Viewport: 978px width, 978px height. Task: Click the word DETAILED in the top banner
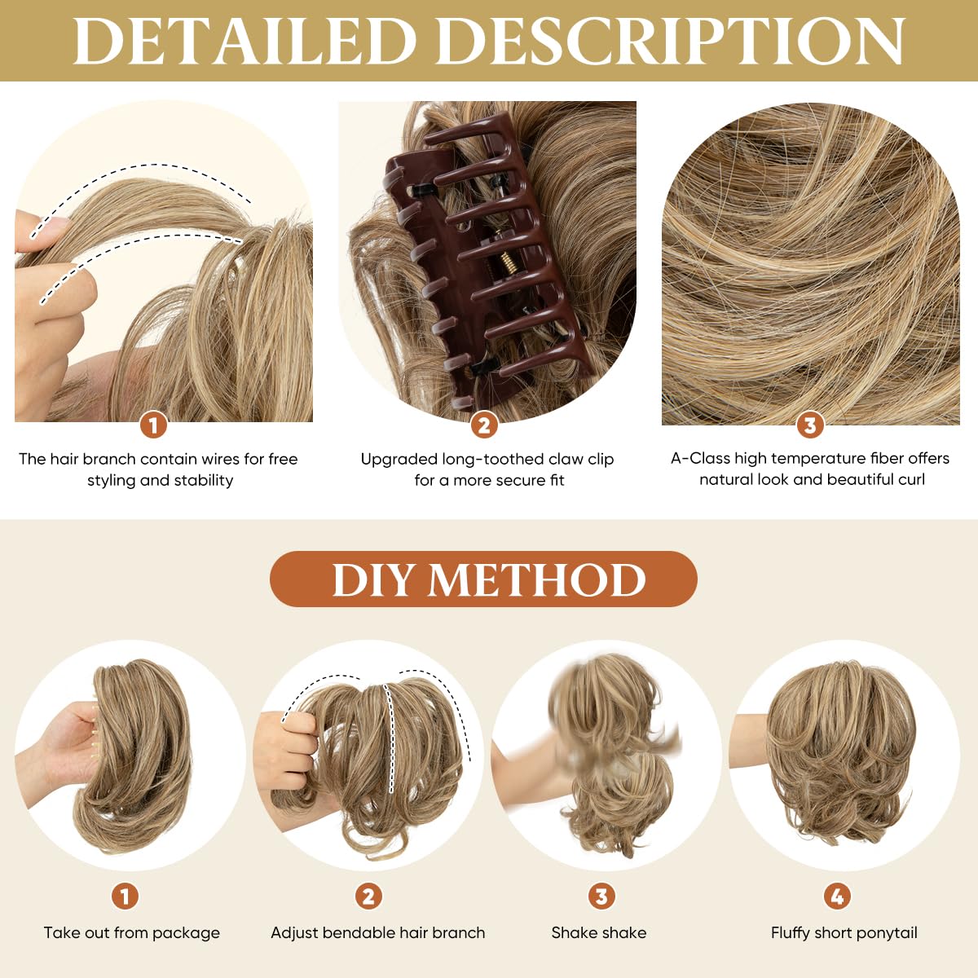244,41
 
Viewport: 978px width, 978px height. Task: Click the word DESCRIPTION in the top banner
676,41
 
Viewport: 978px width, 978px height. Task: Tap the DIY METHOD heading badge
483,579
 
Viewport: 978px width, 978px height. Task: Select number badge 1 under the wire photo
153,425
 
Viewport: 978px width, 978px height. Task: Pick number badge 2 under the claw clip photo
484,425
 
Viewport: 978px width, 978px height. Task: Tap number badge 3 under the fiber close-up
809,425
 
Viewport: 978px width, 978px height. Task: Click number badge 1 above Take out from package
125,896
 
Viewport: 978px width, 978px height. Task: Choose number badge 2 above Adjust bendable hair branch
368,896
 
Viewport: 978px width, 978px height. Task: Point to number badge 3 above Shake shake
601,896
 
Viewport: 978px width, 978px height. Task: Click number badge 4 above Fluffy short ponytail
837,896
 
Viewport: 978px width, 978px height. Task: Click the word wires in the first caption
220,459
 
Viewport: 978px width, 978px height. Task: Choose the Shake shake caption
599,933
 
